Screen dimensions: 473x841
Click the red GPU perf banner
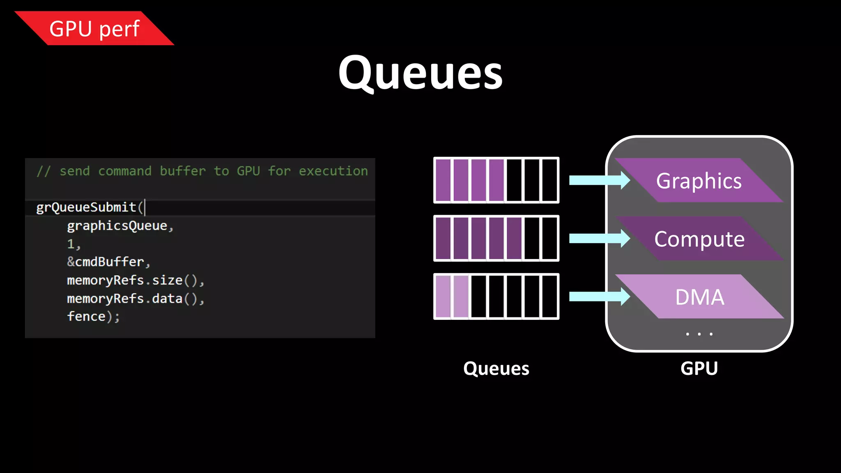point(94,28)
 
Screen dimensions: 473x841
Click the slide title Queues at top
point(420,73)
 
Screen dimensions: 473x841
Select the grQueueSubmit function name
point(86,207)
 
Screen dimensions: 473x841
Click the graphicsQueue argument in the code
point(117,225)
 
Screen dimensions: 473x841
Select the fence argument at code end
point(87,317)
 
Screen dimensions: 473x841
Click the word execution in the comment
point(333,171)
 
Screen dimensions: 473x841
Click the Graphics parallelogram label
point(699,181)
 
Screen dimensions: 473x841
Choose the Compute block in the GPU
point(699,239)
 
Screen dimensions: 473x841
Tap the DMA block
point(699,297)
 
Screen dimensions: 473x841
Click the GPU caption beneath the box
point(699,368)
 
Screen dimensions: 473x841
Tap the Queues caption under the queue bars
point(496,368)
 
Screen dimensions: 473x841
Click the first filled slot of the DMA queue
point(443,296)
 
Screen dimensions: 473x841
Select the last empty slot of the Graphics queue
point(549,180)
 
